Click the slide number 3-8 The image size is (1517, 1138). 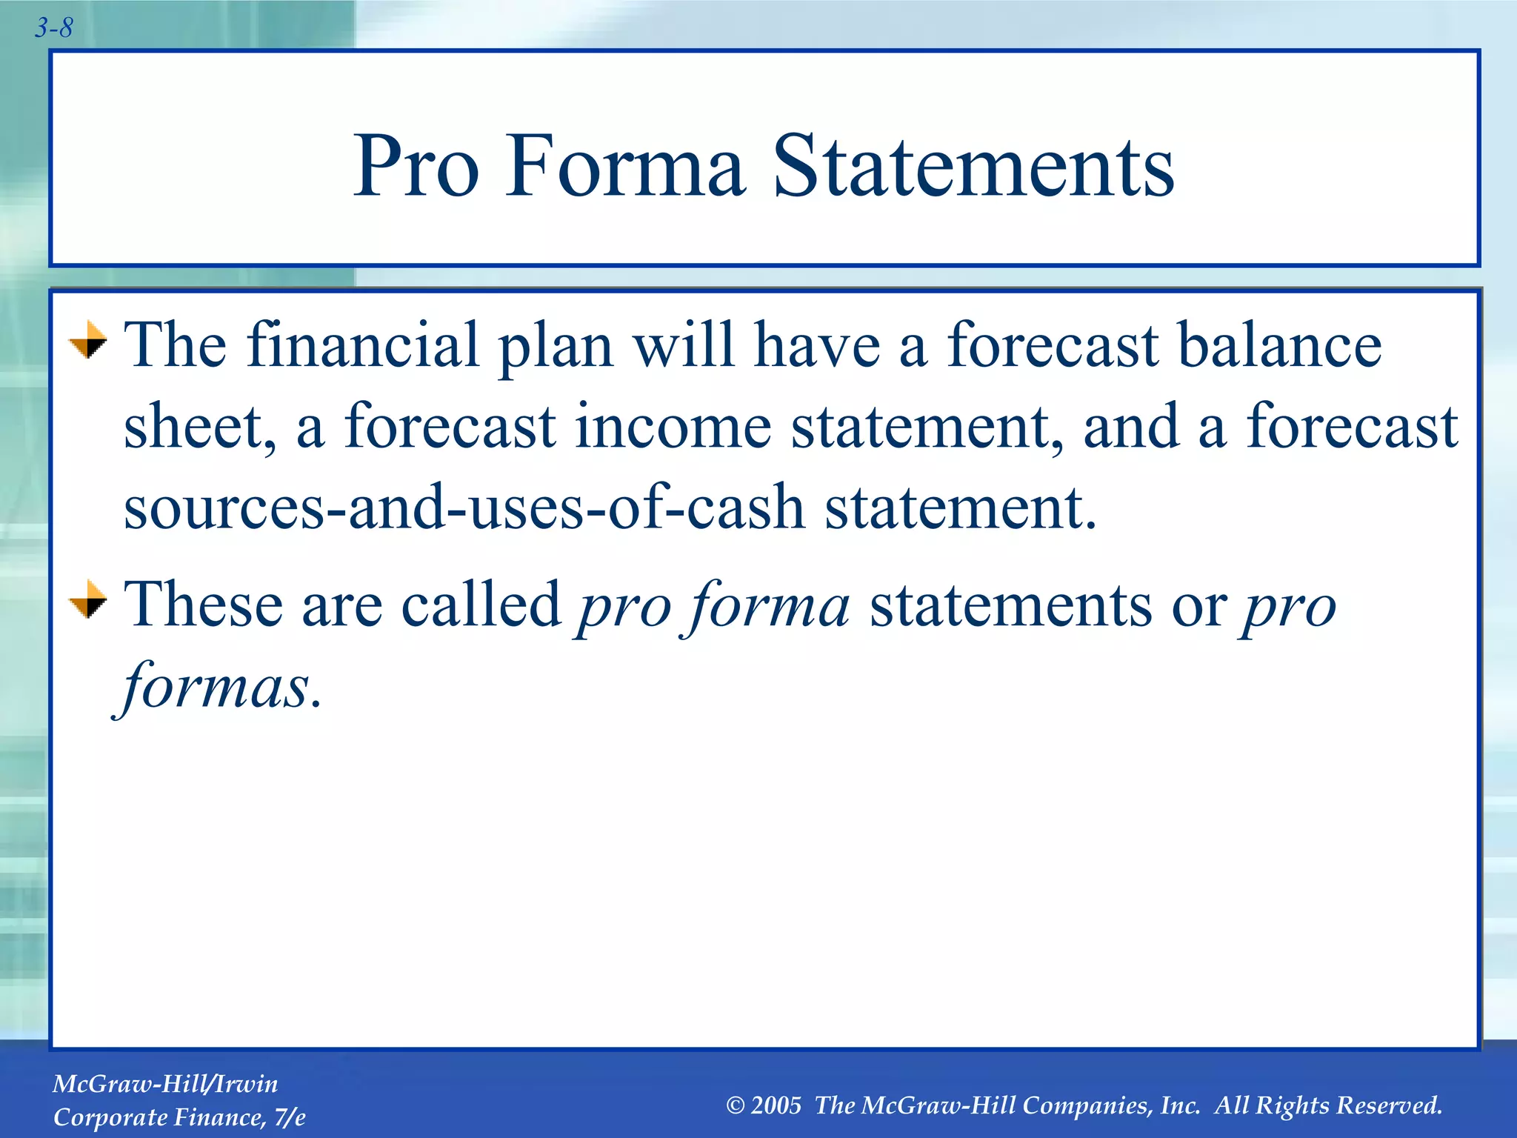point(53,28)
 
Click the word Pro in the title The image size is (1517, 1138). point(416,167)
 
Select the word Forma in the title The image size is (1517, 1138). point(624,167)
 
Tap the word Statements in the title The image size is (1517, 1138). point(973,167)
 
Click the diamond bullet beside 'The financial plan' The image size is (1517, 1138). point(87,340)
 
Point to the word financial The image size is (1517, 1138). point(363,345)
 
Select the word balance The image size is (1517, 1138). point(1279,345)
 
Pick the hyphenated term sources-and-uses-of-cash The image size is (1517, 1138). point(464,508)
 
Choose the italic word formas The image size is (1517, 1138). point(215,686)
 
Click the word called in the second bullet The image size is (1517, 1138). point(481,605)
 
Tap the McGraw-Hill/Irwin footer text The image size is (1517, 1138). point(165,1084)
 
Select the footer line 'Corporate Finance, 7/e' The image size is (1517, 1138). point(179,1117)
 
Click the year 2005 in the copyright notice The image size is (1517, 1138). point(776,1105)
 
